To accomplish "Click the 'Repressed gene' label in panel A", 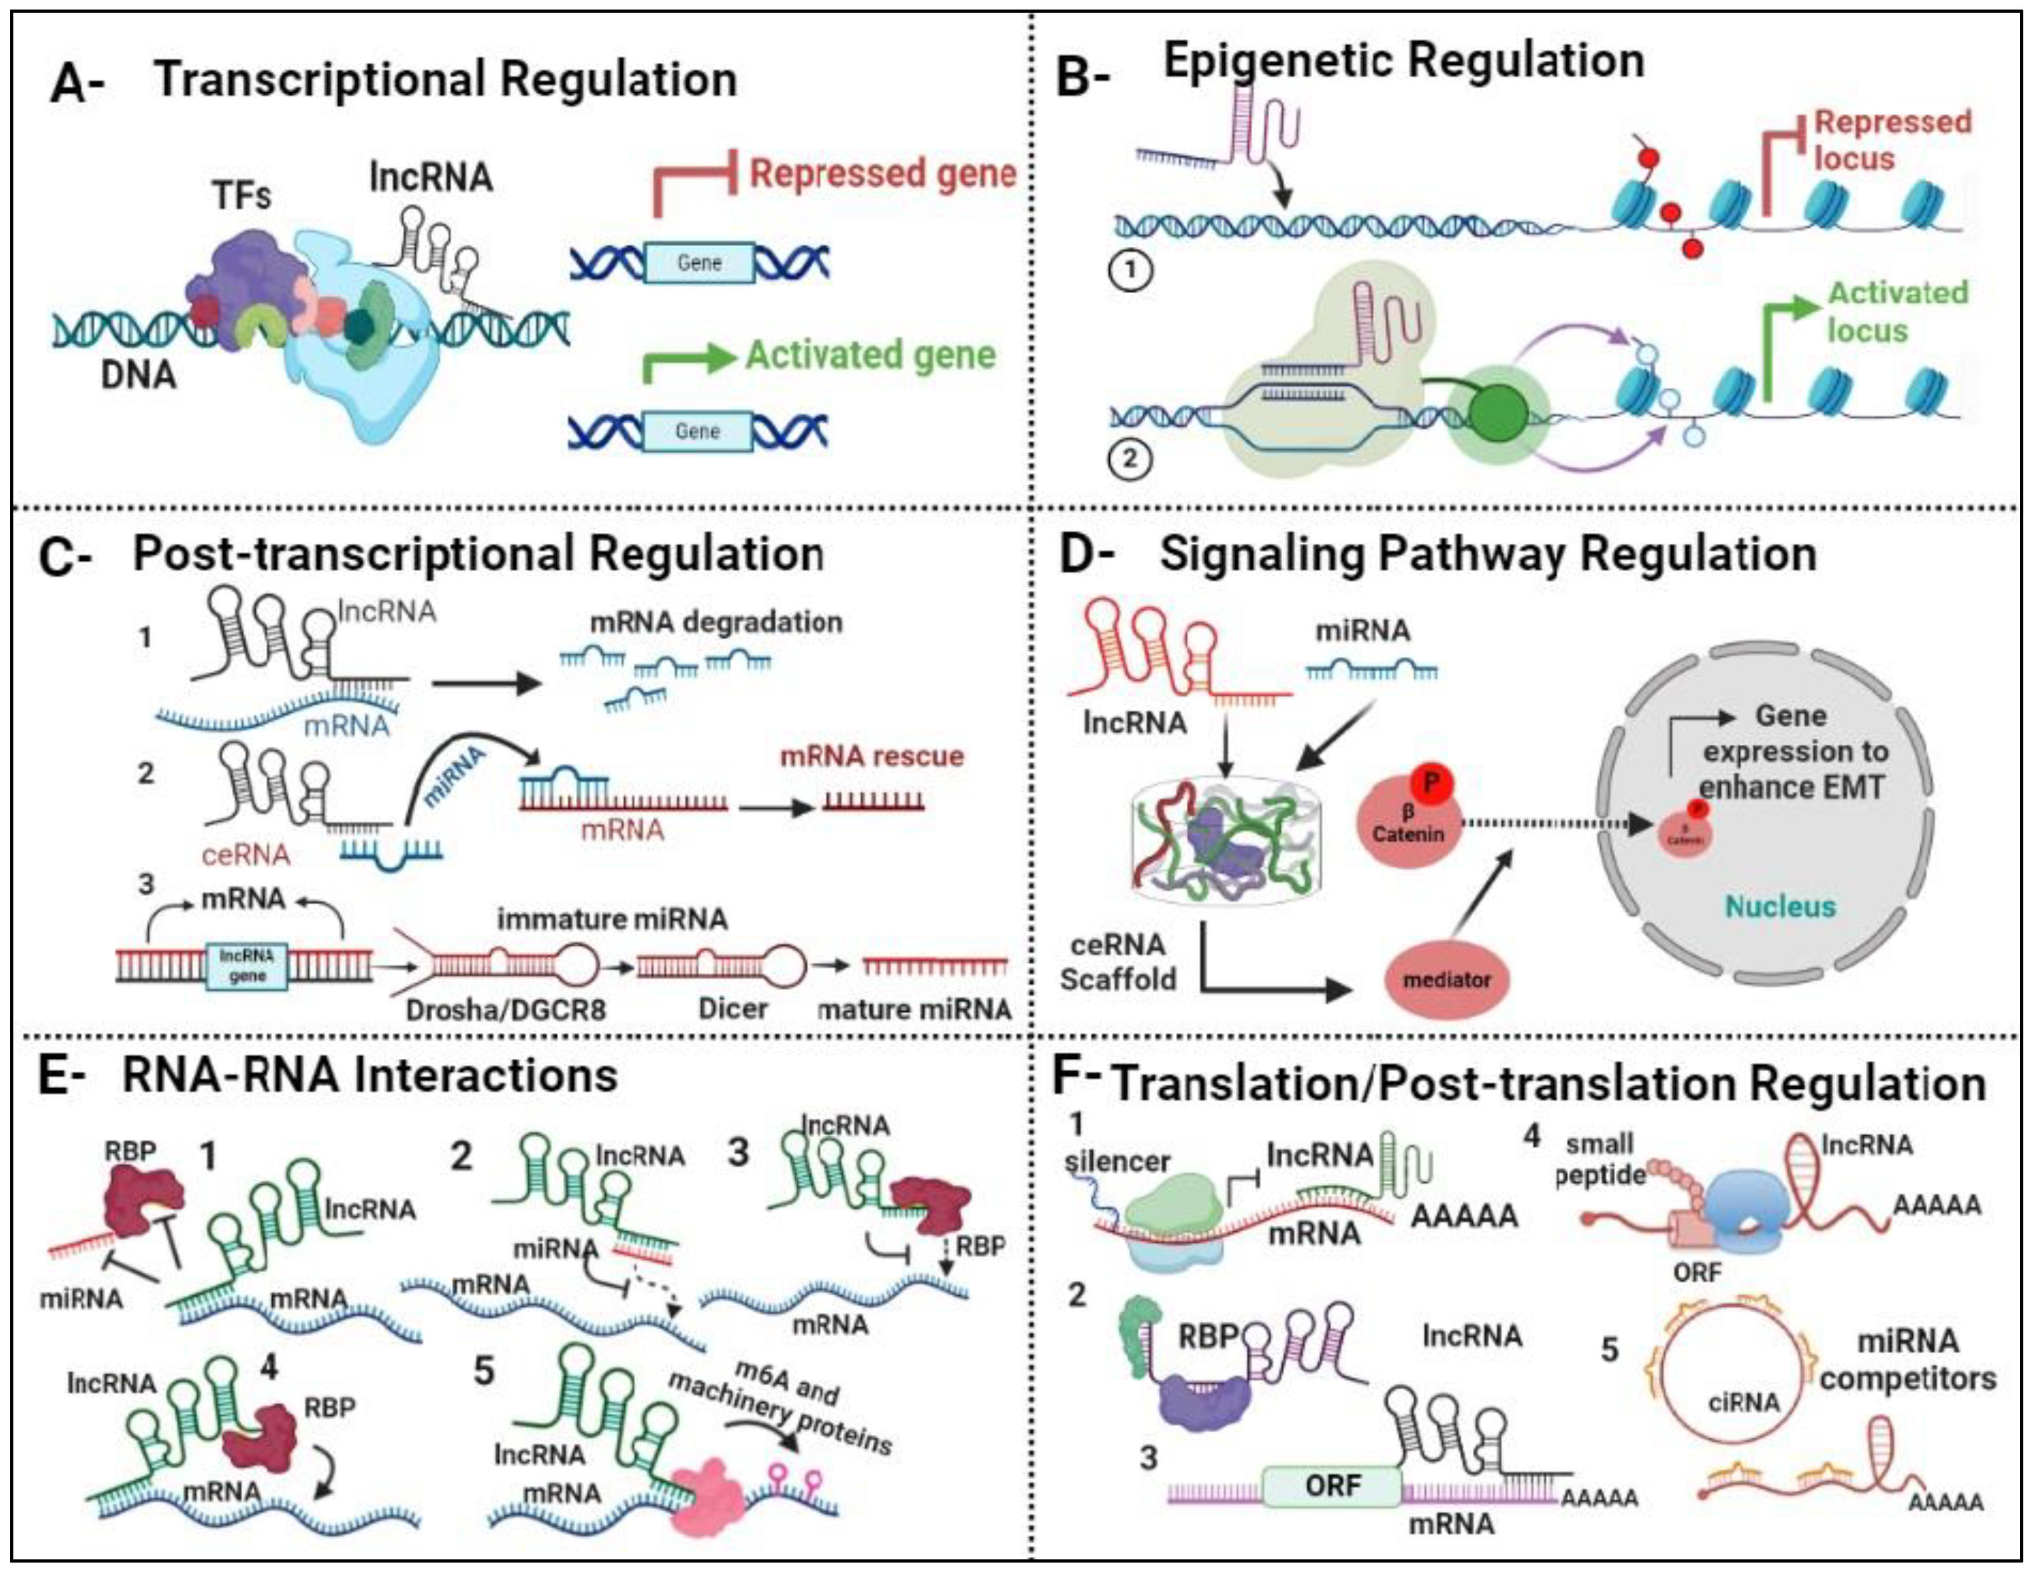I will click(x=882, y=174).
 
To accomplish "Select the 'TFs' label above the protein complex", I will click(x=242, y=196).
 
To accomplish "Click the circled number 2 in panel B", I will click(x=1130, y=459).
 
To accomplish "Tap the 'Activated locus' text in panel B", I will click(x=1896, y=312).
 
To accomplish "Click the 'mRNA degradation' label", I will click(x=716, y=622).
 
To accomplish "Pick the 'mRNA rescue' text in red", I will click(x=871, y=756).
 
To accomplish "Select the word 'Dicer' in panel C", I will click(x=733, y=1008).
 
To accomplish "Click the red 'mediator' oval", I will click(x=1447, y=980).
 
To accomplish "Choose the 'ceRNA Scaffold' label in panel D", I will click(x=1119, y=962).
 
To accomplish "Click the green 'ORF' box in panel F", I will click(x=1332, y=1486).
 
